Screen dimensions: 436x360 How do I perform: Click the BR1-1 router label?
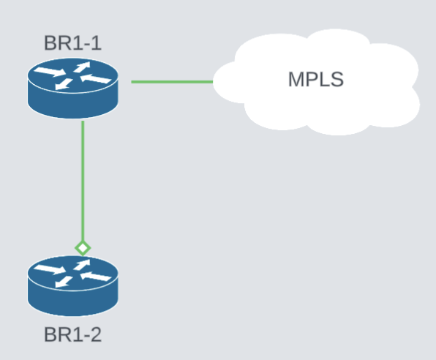click(x=72, y=43)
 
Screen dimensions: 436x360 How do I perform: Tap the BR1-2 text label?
click(x=72, y=334)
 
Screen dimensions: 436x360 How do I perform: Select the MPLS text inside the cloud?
click(x=316, y=79)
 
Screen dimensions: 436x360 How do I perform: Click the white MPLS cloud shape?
click(x=317, y=82)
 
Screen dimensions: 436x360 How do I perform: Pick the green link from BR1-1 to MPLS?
click(x=172, y=82)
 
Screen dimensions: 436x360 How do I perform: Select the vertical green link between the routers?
click(x=83, y=181)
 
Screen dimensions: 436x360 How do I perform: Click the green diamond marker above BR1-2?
click(x=83, y=248)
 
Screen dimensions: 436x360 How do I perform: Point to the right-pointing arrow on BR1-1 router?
click(x=50, y=72)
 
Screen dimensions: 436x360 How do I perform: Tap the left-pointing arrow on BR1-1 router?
click(x=96, y=78)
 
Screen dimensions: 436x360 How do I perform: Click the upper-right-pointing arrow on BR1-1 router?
click(x=82, y=67)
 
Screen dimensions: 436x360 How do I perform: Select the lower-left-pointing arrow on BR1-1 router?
click(x=64, y=84)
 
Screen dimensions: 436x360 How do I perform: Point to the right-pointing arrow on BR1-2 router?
click(x=50, y=269)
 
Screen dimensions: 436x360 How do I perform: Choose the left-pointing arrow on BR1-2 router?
click(x=96, y=276)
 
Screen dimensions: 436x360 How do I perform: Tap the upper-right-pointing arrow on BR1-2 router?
click(x=82, y=265)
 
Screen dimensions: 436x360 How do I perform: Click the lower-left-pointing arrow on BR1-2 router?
click(x=64, y=282)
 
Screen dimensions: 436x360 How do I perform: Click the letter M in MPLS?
click(x=296, y=79)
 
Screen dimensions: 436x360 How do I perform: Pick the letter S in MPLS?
click(x=337, y=79)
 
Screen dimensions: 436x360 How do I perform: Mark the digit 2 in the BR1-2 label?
click(x=96, y=334)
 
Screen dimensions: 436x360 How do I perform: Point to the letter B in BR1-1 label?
click(x=50, y=43)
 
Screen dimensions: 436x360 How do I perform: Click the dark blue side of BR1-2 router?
click(x=72, y=302)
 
